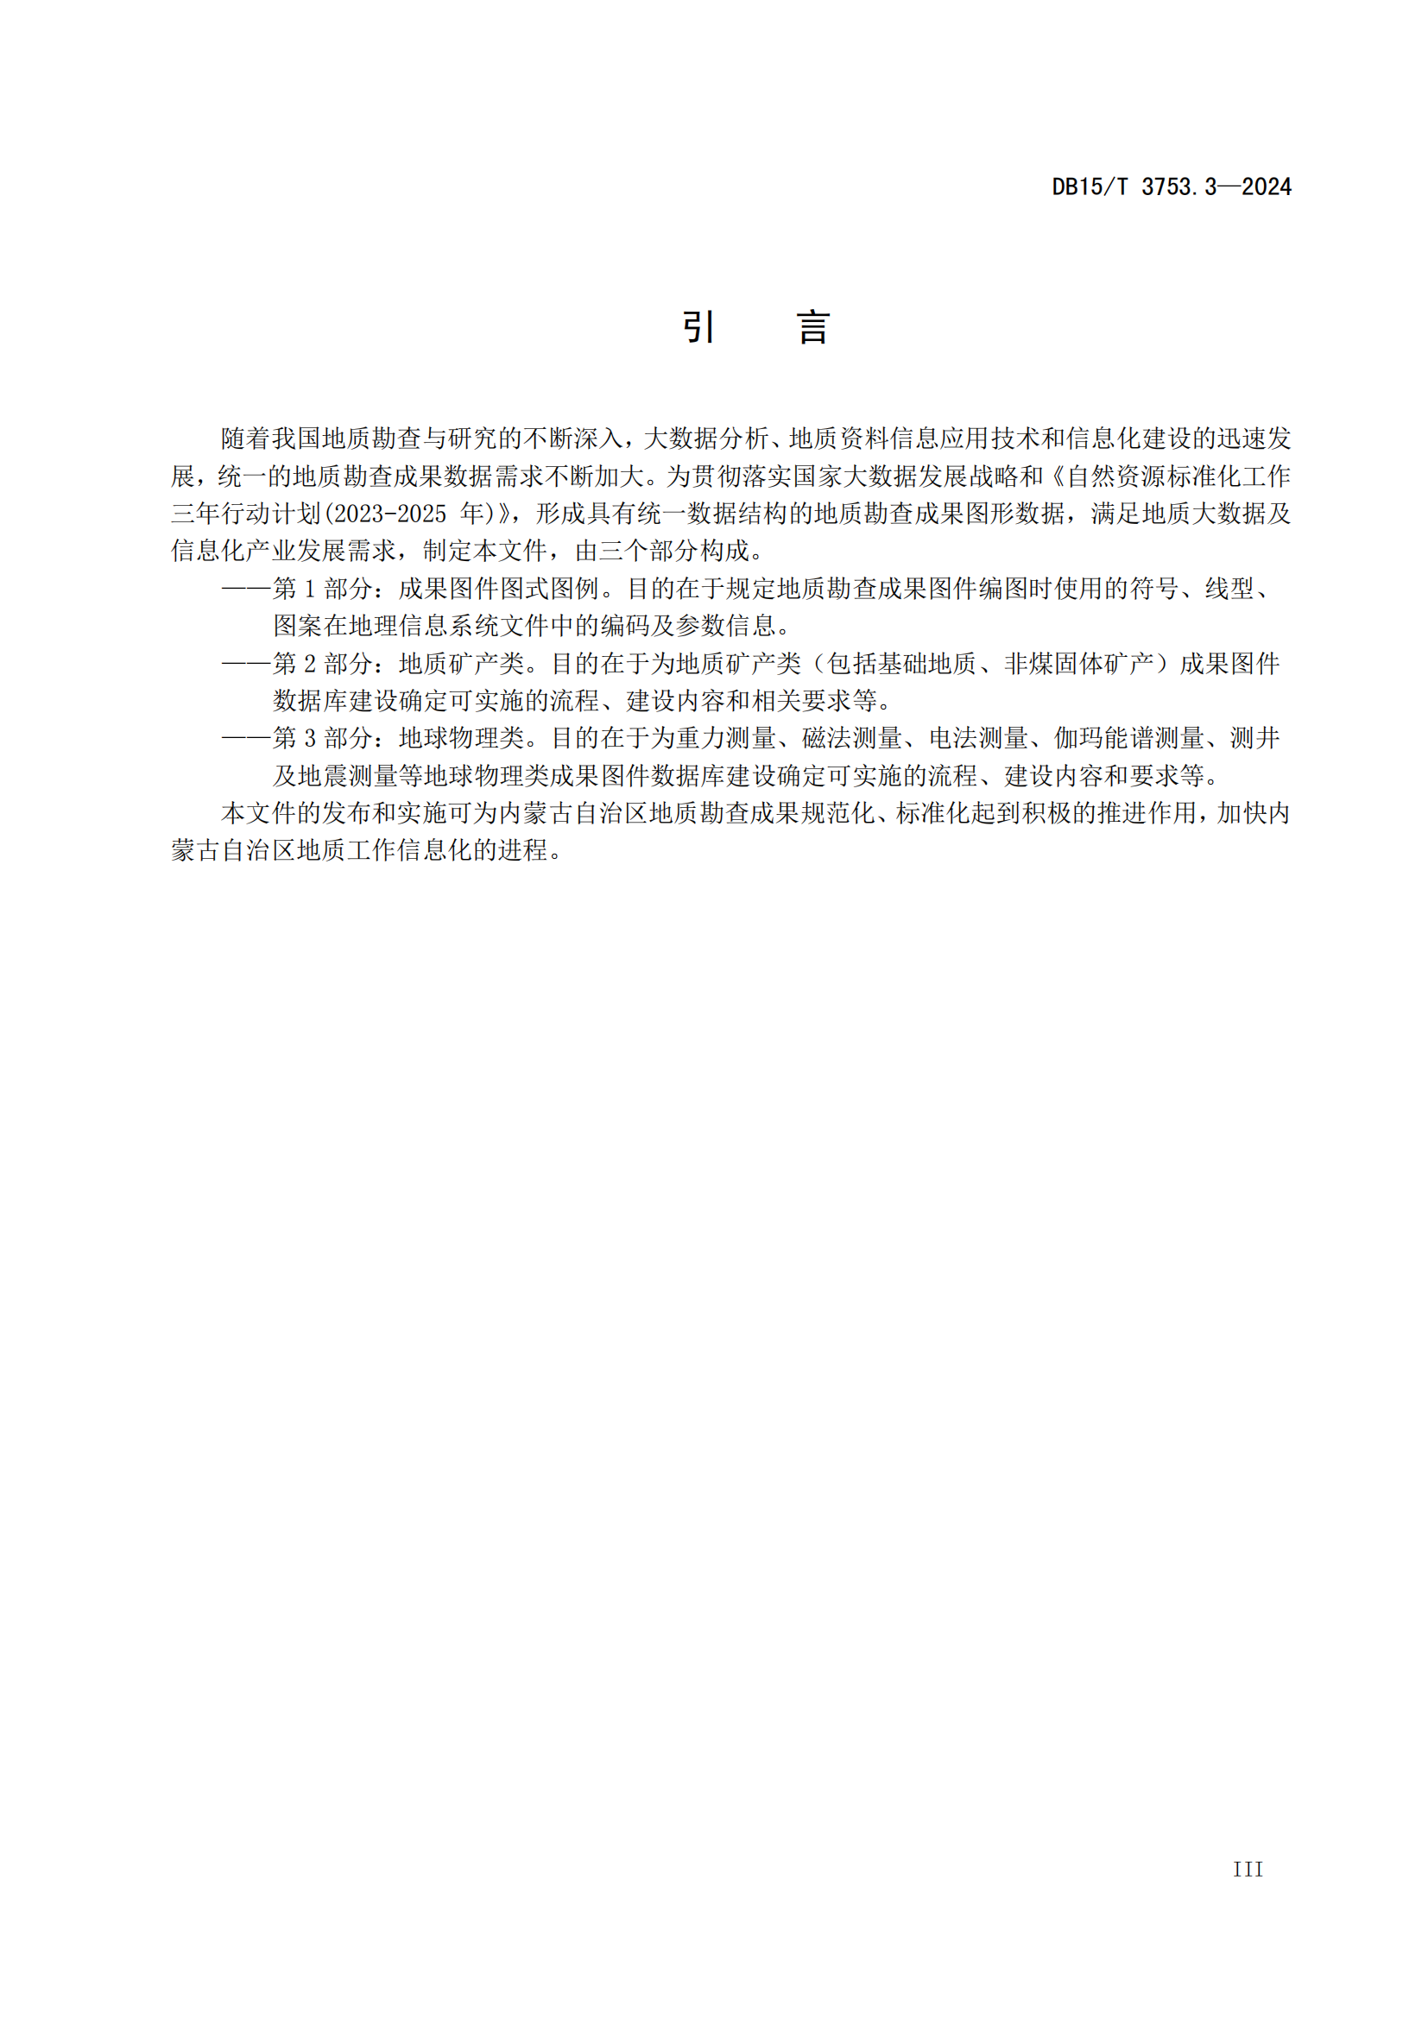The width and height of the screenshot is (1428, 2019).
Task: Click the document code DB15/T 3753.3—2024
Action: point(1172,186)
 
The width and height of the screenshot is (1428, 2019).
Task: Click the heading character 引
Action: point(698,327)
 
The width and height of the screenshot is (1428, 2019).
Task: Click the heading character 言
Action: point(813,327)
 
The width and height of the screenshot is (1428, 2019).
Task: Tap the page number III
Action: point(1248,1893)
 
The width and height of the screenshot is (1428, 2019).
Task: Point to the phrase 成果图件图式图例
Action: point(498,589)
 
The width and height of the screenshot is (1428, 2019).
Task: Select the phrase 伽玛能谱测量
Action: point(1129,738)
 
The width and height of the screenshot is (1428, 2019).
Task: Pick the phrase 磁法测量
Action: point(851,738)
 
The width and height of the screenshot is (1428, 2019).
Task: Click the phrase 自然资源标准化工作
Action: point(1178,476)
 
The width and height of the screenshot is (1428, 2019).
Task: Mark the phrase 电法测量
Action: point(978,738)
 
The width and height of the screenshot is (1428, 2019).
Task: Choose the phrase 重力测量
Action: point(725,738)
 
